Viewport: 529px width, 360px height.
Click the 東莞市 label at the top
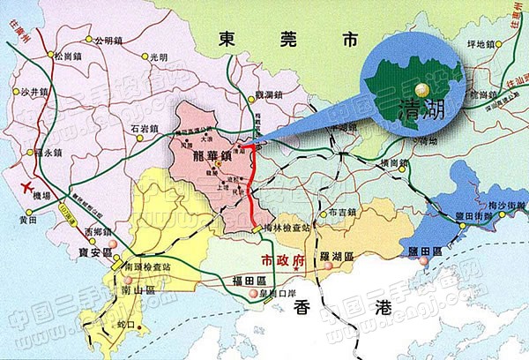[290, 40]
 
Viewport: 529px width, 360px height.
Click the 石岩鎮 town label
[146, 129]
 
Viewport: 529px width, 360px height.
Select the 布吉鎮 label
[339, 213]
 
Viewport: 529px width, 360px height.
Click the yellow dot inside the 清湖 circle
[422, 88]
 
